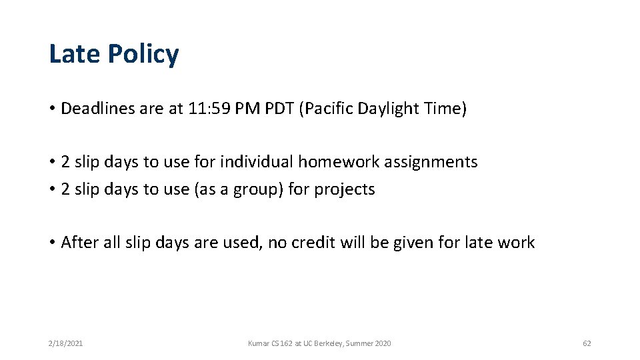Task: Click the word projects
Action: [x=345, y=190]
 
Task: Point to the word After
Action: [x=79, y=243]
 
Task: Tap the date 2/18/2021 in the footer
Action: [x=65, y=343]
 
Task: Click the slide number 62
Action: [x=587, y=343]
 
